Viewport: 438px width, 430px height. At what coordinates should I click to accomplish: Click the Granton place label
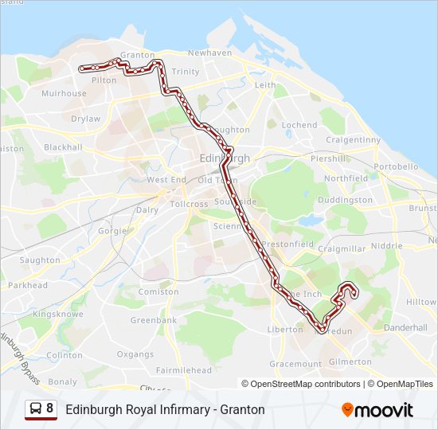[139, 55]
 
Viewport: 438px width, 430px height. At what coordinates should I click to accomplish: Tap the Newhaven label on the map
[209, 53]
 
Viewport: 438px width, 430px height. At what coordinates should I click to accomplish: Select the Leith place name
[265, 84]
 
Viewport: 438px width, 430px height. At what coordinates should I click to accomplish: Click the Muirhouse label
[65, 93]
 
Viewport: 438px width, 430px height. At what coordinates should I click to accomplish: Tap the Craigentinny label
[353, 139]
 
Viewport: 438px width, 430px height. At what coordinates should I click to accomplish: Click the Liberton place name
[285, 329]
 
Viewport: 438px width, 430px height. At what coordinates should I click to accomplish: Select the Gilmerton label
[350, 362]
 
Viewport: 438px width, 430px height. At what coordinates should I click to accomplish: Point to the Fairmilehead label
[184, 370]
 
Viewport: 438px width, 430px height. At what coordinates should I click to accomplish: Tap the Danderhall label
[405, 327]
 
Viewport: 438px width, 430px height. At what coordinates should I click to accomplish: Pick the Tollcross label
[189, 204]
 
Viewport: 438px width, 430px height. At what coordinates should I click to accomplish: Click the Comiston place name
[158, 291]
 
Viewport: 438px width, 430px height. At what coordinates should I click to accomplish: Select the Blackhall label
[63, 147]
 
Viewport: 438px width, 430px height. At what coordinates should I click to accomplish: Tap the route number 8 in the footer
[50, 409]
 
